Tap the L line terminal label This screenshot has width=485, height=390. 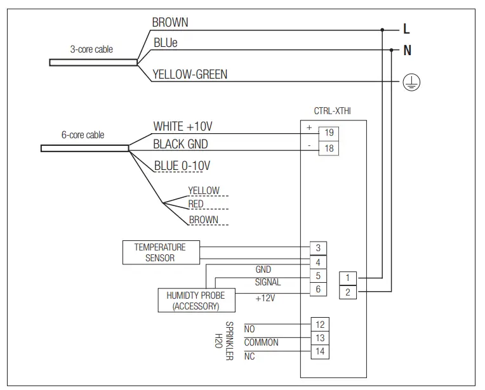[x=406, y=29]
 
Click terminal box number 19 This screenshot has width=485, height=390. [x=329, y=133]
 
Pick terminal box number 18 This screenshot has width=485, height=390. [x=329, y=148]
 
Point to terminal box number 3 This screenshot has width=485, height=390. [x=318, y=248]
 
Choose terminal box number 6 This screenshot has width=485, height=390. [x=318, y=289]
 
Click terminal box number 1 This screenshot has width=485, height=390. [x=348, y=278]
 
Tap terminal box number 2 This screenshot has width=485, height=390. [x=348, y=292]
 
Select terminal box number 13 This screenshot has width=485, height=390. [x=321, y=338]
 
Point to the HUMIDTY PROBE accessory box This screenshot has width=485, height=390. [x=196, y=301]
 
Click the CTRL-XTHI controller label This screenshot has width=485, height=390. [x=332, y=110]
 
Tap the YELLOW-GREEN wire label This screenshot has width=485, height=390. [x=190, y=75]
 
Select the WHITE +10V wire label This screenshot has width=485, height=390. [x=183, y=127]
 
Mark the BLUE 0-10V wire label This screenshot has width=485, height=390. [x=182, y=166]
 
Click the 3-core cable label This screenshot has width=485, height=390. [x=91, y=49]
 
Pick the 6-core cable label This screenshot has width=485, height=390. [x=83, y=135]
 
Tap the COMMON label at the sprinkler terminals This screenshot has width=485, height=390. [x=261, y=342]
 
